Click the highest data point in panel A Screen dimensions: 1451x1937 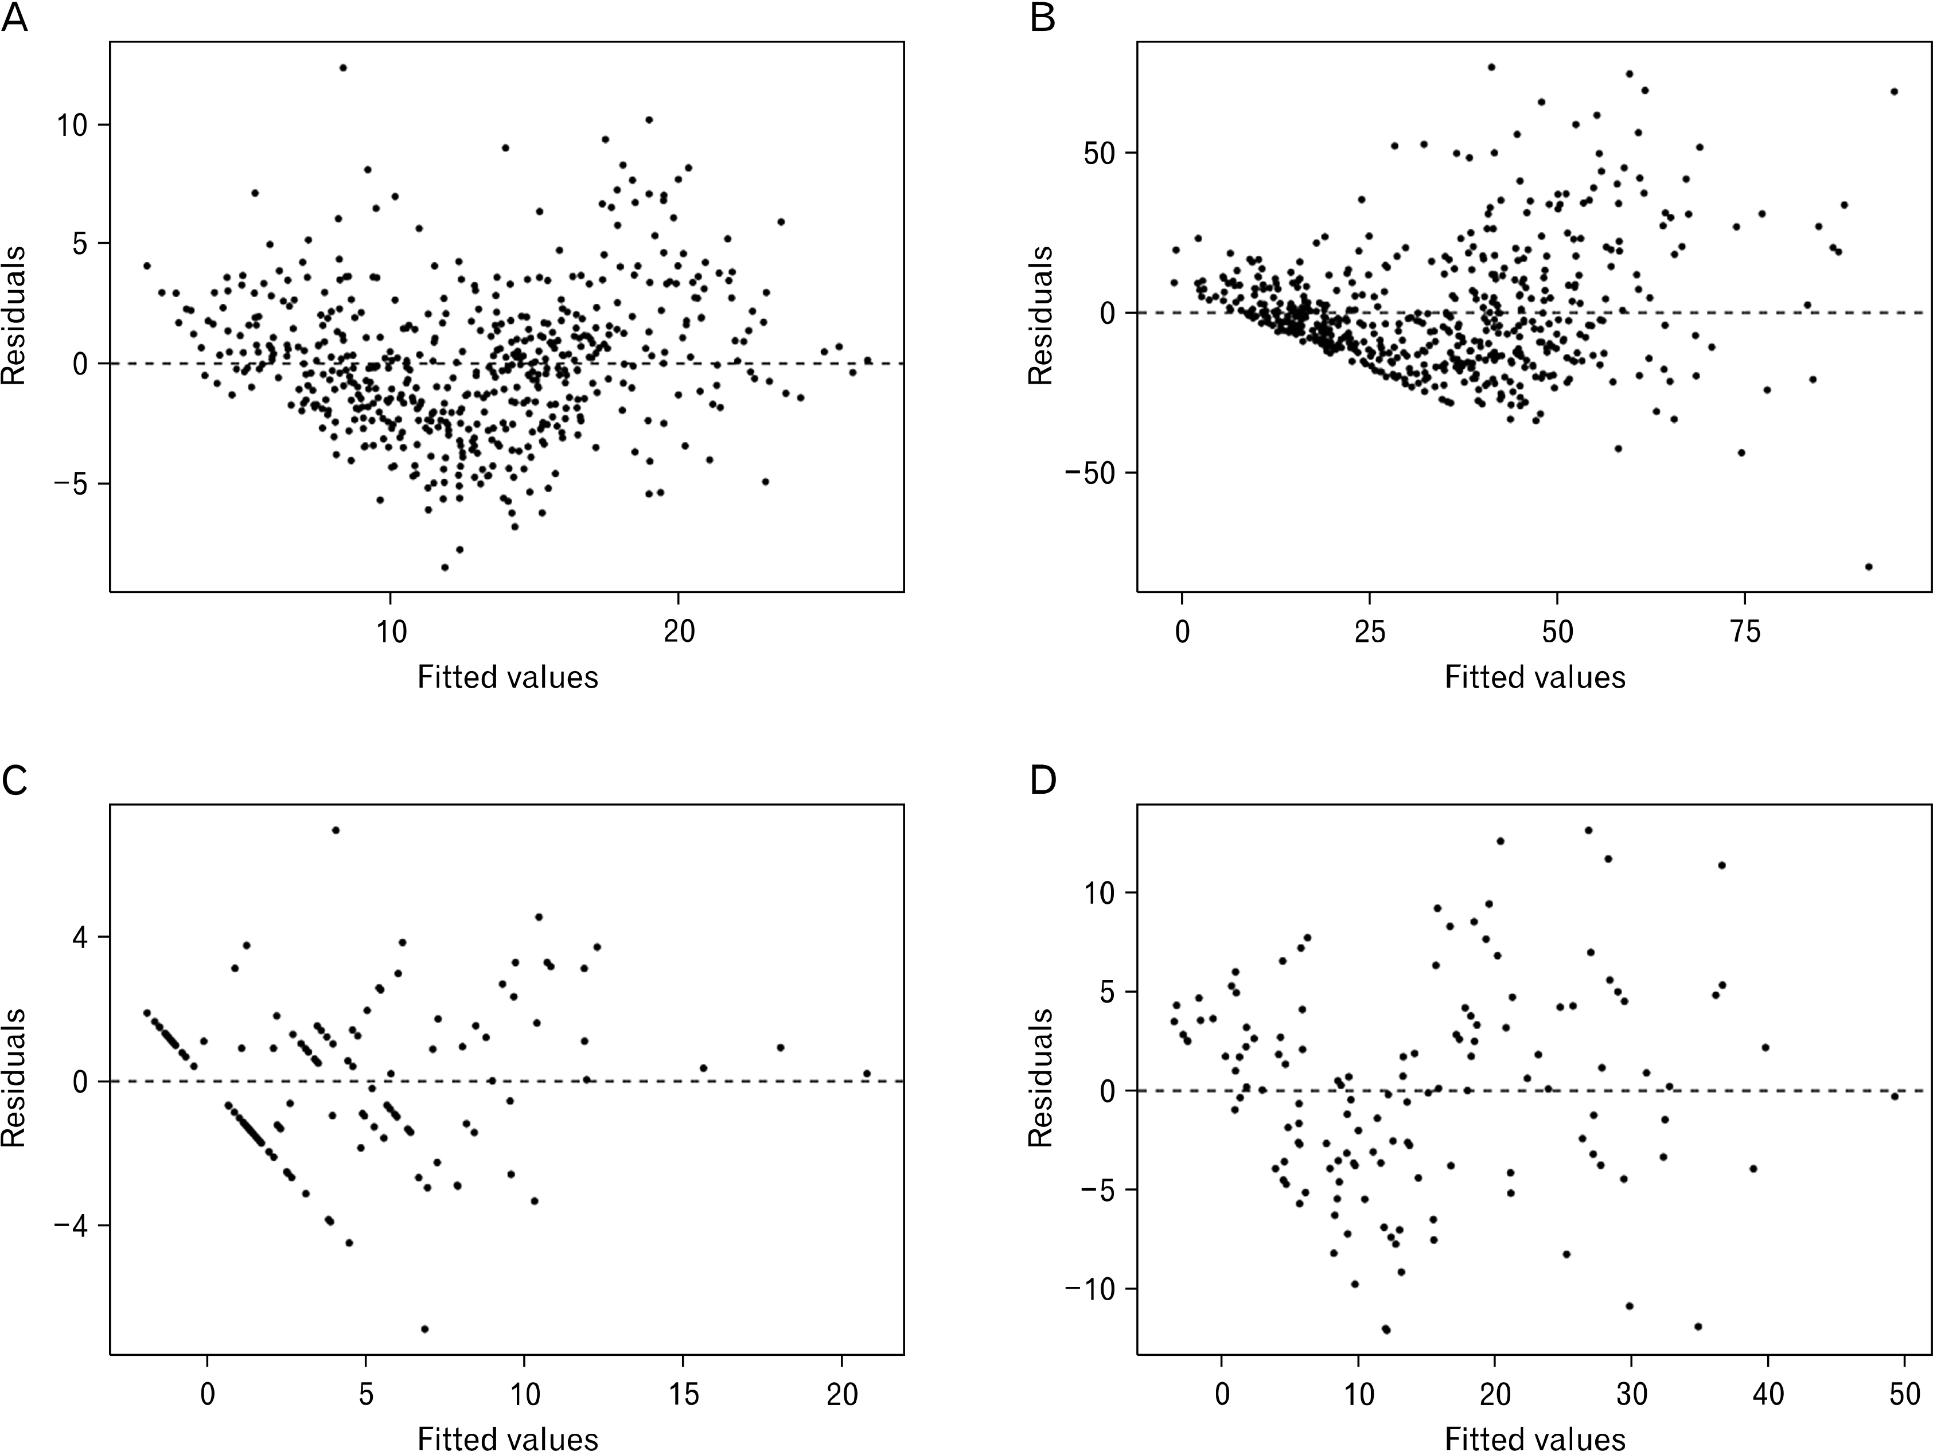343,68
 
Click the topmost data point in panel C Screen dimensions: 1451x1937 336,830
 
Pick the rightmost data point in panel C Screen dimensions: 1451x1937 867,1074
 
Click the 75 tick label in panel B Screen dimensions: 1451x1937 1746,632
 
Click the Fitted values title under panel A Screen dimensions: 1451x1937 507,677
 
